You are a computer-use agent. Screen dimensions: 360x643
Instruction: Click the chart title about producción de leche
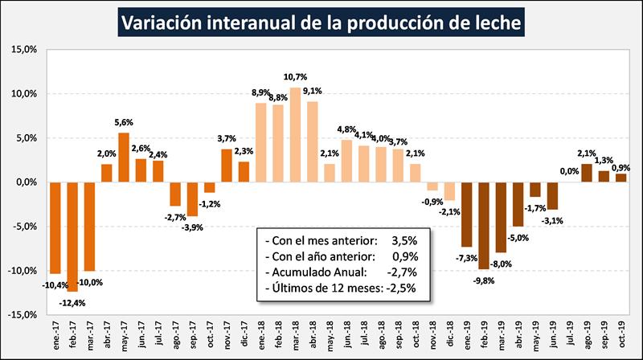point(321,22)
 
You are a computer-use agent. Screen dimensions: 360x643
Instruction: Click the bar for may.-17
point(124,157)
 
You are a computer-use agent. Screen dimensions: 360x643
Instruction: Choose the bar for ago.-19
point(586,173)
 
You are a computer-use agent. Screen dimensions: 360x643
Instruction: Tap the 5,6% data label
point(124,123)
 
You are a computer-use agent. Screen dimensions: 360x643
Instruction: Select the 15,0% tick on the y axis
point(26,50)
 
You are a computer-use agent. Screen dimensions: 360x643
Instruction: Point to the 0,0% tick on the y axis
point(27,182)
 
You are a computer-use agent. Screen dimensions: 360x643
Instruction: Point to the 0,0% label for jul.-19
point(570,170)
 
